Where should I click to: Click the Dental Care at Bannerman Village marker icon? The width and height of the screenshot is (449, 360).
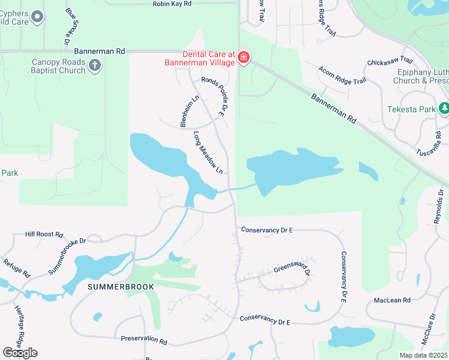pos(244,58)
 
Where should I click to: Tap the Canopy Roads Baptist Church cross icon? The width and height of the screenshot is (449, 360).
pos(95,66)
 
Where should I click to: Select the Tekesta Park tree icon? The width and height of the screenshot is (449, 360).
pos(444,109)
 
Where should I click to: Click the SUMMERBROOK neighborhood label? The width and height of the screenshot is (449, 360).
pos(121,287)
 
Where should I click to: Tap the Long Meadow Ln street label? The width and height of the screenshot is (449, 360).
pos(208,154)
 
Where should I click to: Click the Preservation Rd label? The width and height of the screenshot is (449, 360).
pos(143,339)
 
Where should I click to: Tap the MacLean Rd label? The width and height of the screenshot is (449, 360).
pos(391,300)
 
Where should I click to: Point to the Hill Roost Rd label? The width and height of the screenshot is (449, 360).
pos(44,234)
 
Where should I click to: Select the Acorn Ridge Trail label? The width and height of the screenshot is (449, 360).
pos(343,76)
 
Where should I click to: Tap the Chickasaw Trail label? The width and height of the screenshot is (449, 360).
pos(390,61)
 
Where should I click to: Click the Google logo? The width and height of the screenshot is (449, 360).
pos(20,353)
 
